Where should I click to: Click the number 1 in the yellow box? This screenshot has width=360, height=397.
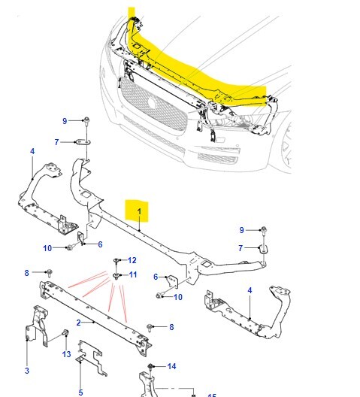pyautogui.click(x=138, y=210)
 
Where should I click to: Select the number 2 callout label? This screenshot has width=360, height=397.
pyautogui.click(x=78, y=323)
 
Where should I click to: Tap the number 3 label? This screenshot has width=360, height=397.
pyautogui.click(x=26, y=371)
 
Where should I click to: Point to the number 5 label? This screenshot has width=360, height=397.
pyautogui.click(x=80, y=392)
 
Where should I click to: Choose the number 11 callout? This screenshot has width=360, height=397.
pyautogui.click(x=133, y=275)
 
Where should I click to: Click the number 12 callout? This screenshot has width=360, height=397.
pyautogui.click(x=132, y=260)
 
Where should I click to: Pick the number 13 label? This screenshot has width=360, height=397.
pyautogui.click(x=66, y=354)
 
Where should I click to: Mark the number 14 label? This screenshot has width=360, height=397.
pyautogui.click(x=172, y=366)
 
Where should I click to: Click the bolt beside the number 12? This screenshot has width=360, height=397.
pyautogui.click(x=117, y=261)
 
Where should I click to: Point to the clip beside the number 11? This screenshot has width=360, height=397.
pyautogui.click(x=116, y=277)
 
